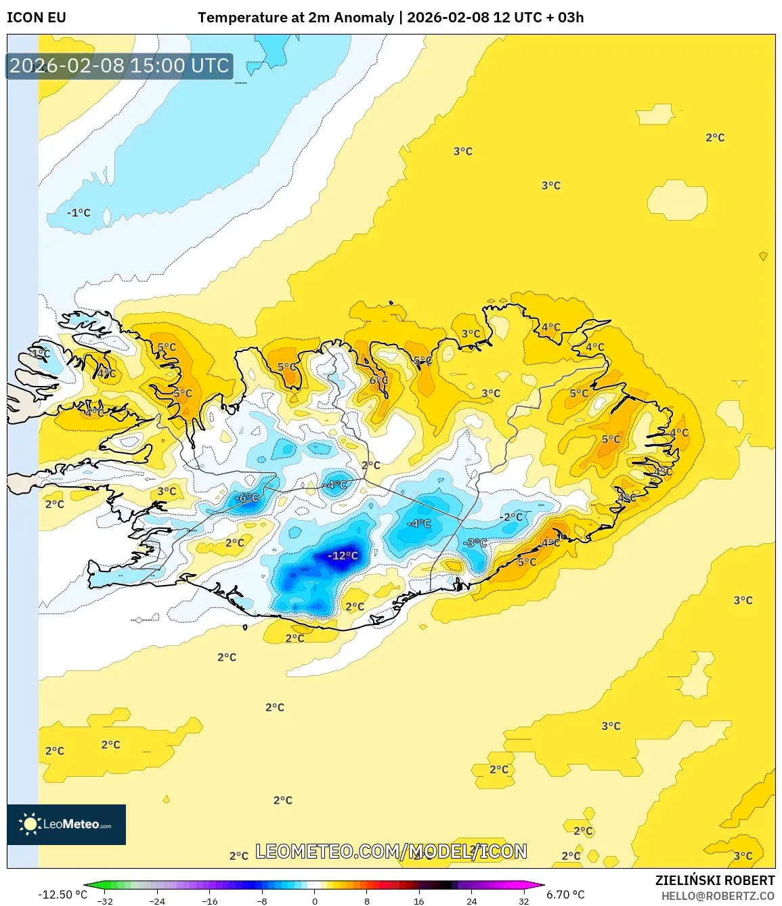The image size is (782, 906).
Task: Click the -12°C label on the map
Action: (x=343, y=556)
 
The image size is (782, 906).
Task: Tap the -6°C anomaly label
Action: (x=247, y=498)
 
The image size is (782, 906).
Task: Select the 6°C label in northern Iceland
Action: (x=378, y=381)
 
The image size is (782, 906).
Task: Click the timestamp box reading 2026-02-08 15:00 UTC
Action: (x=119, y=66)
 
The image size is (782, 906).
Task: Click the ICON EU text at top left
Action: (x=37, y=18)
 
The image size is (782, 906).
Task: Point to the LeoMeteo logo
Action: (x=66, y=824)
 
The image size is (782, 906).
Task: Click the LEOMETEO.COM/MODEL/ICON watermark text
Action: (x=391, y=851)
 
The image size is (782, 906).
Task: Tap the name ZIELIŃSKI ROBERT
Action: (x=714, y=880)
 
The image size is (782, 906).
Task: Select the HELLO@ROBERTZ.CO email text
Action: (x=718, y=896)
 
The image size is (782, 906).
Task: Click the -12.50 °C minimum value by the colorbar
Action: (x=62, y=894)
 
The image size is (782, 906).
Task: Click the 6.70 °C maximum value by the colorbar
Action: (x=565, y=894)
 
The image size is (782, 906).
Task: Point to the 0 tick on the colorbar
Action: (x=314, y=901)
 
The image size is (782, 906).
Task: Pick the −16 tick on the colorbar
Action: (x=210, y=901)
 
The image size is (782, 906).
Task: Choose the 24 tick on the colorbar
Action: (x=471, y=901)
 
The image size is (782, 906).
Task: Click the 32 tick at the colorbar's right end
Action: (x=523, y=901)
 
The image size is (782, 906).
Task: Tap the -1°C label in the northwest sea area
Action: (x=79, y=213)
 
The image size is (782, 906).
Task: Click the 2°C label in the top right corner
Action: (x=715, y=137)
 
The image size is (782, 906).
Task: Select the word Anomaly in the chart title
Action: (x=366, y=18)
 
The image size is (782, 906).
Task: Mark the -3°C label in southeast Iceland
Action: (x=475, y=543)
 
